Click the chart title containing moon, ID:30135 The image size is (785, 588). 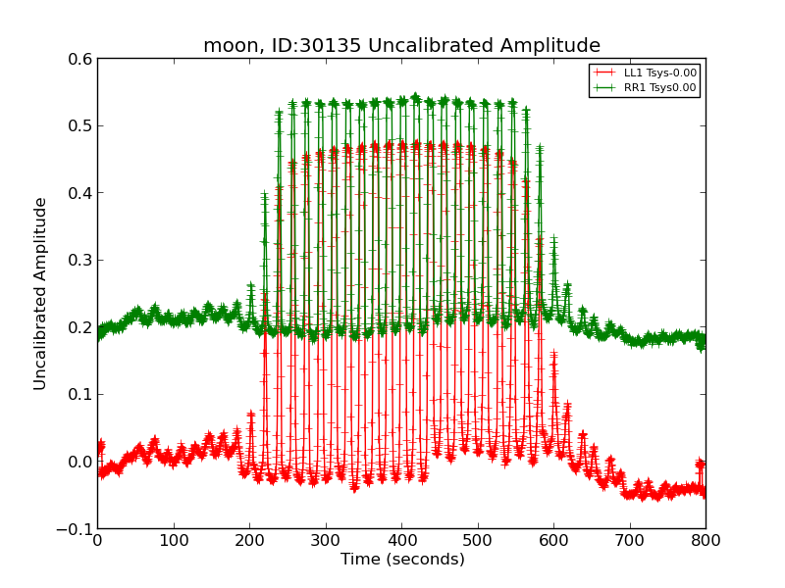[x=401, y=46]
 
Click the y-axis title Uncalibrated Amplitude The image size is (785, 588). [x=40, y=293]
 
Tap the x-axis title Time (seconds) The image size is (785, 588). [x=402, y=560]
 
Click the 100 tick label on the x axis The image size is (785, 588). [x=174, y=540]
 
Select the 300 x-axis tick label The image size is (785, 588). [x=326, y=540]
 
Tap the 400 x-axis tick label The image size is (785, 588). [x=401, y=540]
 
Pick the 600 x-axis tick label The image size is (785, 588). [x=553, y=540]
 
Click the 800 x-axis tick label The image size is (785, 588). [x=706, y=540]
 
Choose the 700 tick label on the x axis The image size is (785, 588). [x=630, y=540]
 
